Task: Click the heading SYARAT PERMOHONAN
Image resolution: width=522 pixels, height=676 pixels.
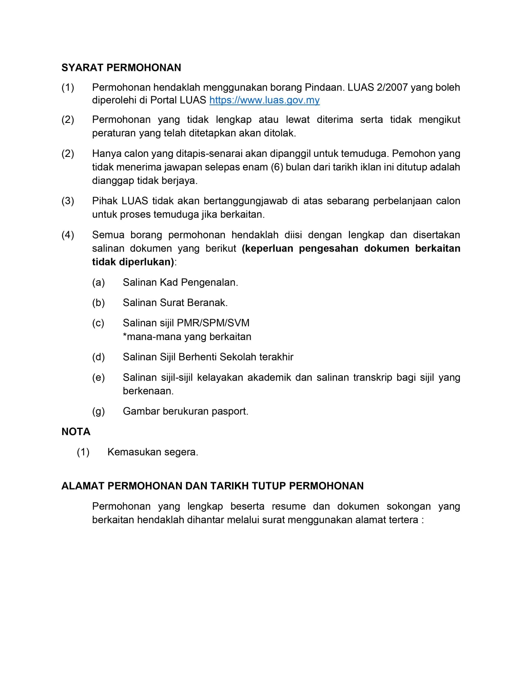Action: pos(121,68)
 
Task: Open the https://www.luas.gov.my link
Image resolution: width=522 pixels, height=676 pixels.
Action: pos(264,100)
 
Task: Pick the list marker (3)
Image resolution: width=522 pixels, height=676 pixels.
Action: pos(68,201)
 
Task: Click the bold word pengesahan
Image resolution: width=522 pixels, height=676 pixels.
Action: pos(328,249)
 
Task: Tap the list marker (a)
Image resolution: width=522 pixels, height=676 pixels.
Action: pos(99,282)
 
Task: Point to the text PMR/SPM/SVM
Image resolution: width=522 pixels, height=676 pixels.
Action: pos(212,323)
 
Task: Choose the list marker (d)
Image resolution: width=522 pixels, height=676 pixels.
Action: pos(99,357)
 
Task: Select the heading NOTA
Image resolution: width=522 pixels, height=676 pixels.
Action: pos(76,432)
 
